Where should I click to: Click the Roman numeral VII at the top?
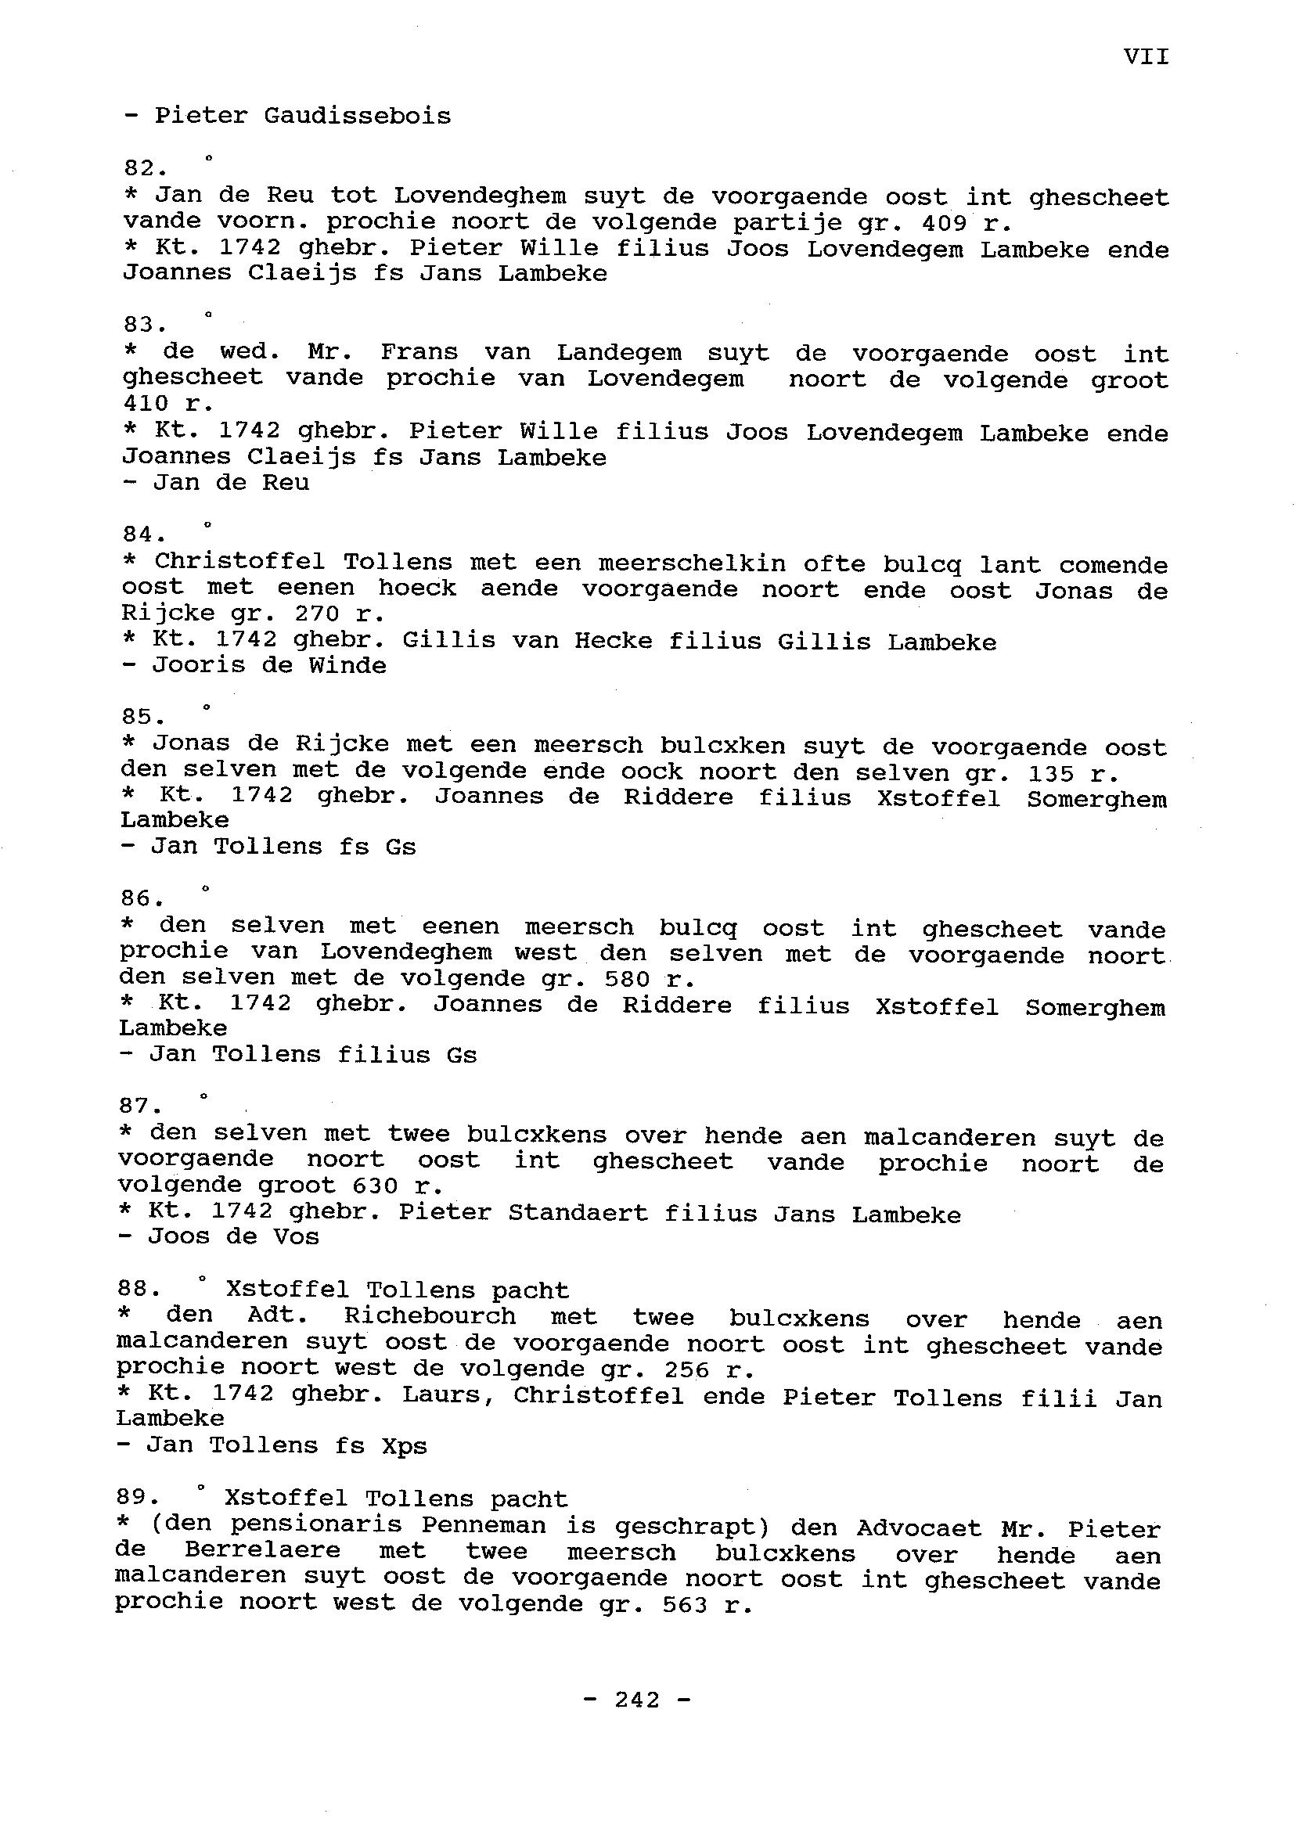[x=1146, y=56]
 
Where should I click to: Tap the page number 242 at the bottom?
[x=638, y=1700]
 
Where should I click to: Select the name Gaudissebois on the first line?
[x=357, y=117]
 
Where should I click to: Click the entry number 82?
[x=145, y=168]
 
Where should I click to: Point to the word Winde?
[x=348, y=665]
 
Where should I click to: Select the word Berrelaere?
[x=262, y=1551]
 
